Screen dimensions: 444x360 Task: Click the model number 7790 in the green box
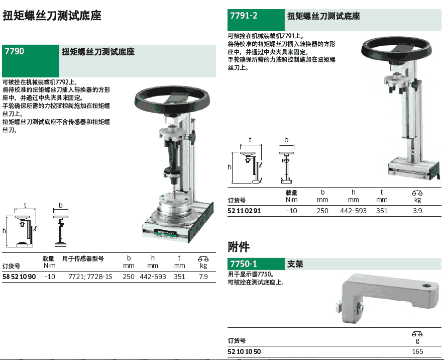tap(15, 51)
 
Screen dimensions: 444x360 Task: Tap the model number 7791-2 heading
tap(244, 16)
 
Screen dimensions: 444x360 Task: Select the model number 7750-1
tap(243, 264)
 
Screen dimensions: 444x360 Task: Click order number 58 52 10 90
tap(19, 277)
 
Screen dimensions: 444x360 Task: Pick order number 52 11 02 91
tap(244, 211)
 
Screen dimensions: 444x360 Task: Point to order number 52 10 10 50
tap(244, 352)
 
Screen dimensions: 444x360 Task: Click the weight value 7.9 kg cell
tap(203, 277)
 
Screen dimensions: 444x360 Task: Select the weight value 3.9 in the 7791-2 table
tap(417, 211)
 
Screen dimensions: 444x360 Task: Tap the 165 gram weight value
tap(417, 352)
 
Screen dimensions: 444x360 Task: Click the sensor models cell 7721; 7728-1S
tap(90, 277)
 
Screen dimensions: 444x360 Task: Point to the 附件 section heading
tap(239, 247)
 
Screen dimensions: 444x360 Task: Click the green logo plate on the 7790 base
tap(165, 233)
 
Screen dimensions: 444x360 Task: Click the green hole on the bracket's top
tap(426, 286)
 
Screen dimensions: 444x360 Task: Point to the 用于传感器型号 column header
tap(83, 258)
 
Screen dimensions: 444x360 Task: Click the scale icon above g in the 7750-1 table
tap(417, 334)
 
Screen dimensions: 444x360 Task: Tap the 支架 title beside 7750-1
tap(295, 264)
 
